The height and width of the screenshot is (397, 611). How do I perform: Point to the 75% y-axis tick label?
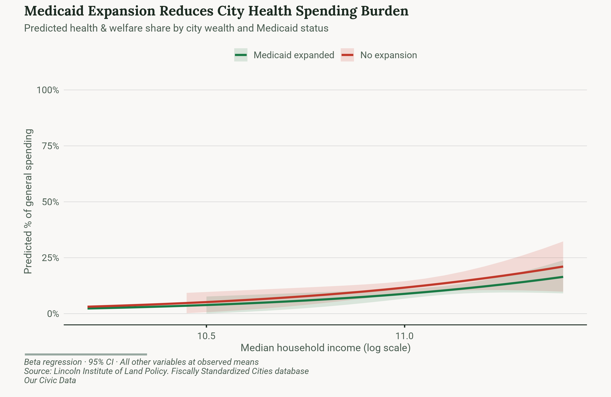(x=50, y=146)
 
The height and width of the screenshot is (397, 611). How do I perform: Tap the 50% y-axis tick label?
(x=50, y=202)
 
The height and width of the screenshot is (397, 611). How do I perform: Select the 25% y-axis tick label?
(x=50, y=258)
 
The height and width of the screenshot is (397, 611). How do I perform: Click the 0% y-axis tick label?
(x=53, y=314)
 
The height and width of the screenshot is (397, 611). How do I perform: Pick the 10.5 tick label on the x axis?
(x=206, y=336)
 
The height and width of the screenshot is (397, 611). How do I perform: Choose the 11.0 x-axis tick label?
(x=404, y=336)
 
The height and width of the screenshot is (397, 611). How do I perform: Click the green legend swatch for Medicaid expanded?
(x=241, y=55)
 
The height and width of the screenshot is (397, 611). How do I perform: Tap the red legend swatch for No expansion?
(x=347, y=55)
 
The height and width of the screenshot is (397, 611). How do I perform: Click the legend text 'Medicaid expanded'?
(x=294, y=55)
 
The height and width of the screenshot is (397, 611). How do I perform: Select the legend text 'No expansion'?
(x=388, y=55)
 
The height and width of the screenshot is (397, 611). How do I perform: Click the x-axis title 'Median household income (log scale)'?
(x=325, y=348)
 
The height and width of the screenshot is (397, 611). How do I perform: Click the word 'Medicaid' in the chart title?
(x=54, y=11)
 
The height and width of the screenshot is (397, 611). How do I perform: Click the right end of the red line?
(x=563, y=267)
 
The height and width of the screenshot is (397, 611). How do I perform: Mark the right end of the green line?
(x=563, y=277)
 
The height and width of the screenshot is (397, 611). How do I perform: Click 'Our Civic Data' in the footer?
(x=50, y=380)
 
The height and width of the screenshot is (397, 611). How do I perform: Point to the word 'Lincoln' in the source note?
(x=67, y=371)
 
